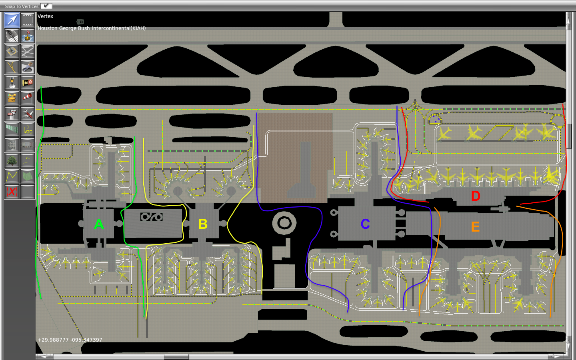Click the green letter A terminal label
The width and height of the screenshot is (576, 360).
[99, 224]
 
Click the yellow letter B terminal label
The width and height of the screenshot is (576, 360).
[203, 224]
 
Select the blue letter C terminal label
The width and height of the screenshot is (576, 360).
[365, 224]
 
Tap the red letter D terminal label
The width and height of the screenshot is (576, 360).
[476, 196]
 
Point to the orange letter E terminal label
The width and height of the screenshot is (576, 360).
[475, 227]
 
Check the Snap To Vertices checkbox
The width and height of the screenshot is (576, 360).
[46, 6]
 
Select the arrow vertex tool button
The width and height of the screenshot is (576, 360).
[12, 20]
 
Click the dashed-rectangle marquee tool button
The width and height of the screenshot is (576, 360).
[28, 20]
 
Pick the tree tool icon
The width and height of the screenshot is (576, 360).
[12, 160]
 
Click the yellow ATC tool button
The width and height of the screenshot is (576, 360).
[28, 129]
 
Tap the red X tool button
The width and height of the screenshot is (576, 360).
[12, 192]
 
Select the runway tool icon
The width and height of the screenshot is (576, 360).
[12, 36]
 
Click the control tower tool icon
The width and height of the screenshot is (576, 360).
[12, 114]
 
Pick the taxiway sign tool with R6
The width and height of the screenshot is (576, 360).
[28, 82]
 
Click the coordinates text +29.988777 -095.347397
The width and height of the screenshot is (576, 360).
[70, 340]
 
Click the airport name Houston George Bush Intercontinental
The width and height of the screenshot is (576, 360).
[92, 28]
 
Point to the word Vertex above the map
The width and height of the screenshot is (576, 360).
[45, 16]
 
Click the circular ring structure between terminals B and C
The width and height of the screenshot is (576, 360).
[284, 223]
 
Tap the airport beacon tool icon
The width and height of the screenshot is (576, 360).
[12, 82]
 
